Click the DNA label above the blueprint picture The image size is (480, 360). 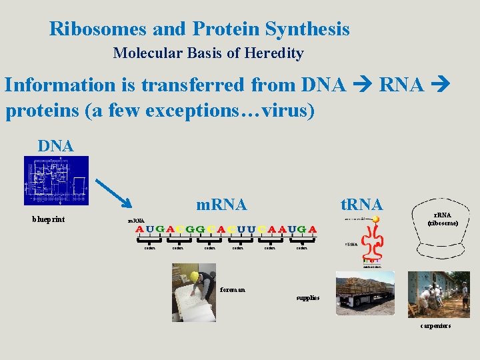coord(55,145)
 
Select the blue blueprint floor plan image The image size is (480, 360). coord(56,180)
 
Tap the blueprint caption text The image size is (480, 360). coord(49,219)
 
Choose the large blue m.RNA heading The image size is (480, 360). coord(221,205)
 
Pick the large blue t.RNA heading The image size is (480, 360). coord(361,204)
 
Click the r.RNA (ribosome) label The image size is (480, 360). coord(443,219)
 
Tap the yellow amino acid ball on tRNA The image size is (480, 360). coord(376,219)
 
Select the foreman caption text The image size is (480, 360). coord(232,289)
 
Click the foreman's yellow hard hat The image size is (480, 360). coord(195,275)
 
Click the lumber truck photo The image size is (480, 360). coord(364,292)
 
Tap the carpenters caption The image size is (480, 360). coord(435,325)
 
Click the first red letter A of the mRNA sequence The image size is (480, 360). coord(140,229)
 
